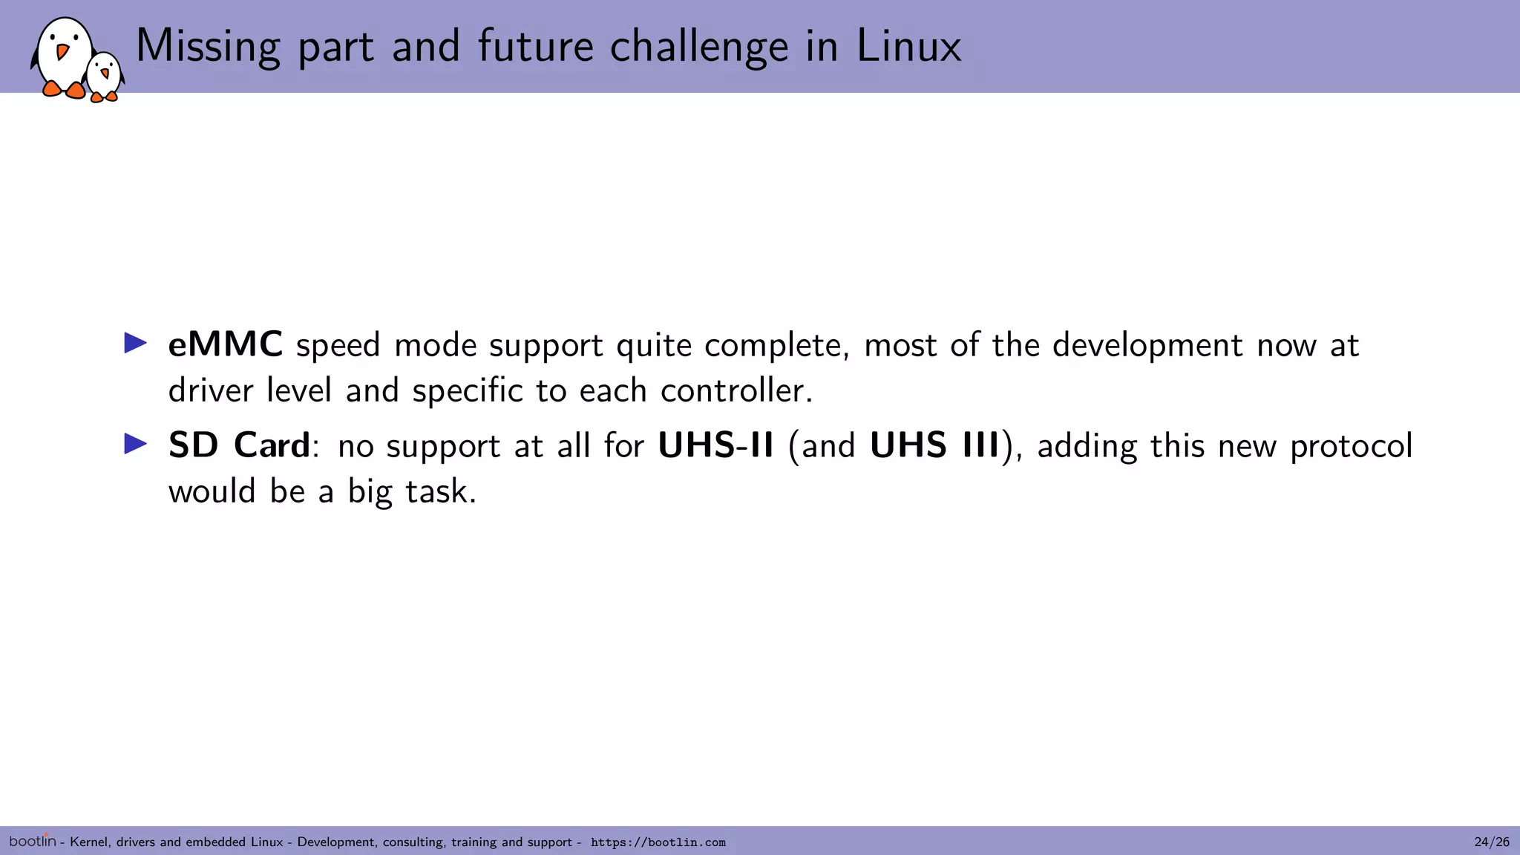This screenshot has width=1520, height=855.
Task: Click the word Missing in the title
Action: (208, 46)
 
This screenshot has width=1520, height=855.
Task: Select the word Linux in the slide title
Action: (908, 46)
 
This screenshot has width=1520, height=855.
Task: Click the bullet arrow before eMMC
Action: (136, 343)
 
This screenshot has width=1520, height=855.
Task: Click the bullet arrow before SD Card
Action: (136, 444)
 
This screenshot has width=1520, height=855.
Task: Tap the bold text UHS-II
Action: (715, 445)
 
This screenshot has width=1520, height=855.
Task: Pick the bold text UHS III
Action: (934, 445)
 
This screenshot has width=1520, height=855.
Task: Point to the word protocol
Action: (1351, 447)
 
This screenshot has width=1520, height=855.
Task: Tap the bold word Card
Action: (272, 445)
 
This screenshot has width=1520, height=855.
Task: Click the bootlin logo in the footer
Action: (33, 841)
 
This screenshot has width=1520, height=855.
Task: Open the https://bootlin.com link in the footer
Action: (658, 842)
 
